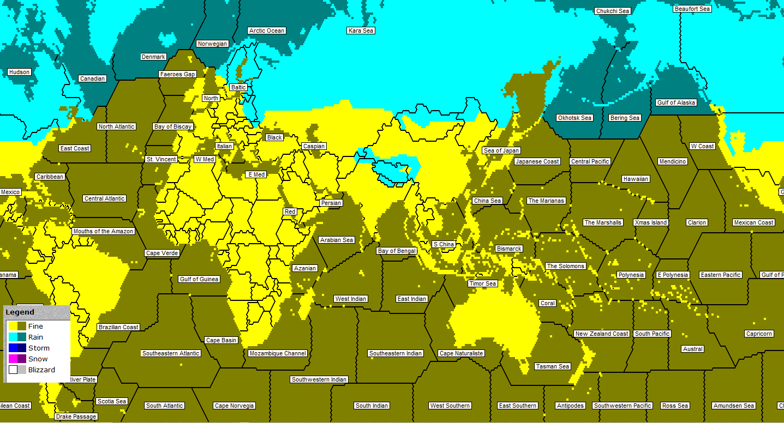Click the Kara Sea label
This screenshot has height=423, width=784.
tap(361, 31)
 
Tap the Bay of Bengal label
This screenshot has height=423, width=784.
tap(397, 251)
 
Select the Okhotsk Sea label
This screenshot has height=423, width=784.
tap(574, 118)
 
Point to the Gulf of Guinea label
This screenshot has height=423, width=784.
tap(199, 279)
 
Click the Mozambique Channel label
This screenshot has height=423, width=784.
tap(278, 353)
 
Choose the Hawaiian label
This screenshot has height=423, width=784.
tap(636, 179)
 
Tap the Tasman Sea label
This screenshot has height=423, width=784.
tap(552, 366)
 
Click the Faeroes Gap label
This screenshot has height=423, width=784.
tap(177, 74)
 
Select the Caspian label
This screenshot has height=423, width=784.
tap(314, 146)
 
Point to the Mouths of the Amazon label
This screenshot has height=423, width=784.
tap(103, 231)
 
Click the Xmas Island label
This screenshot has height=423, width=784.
tap(651, 222)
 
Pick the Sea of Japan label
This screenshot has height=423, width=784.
tap(501, 150)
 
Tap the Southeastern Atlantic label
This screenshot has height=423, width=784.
tap(171, 353)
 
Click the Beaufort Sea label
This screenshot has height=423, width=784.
tap(692, 9)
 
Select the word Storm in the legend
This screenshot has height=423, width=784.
tap(39, 348)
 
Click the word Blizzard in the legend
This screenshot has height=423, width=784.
tap(41, 370)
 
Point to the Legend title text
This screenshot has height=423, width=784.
tap(20, 312)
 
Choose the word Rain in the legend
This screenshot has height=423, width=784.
tap(35, 337)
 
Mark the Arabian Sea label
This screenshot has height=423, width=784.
tap(337, 240)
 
